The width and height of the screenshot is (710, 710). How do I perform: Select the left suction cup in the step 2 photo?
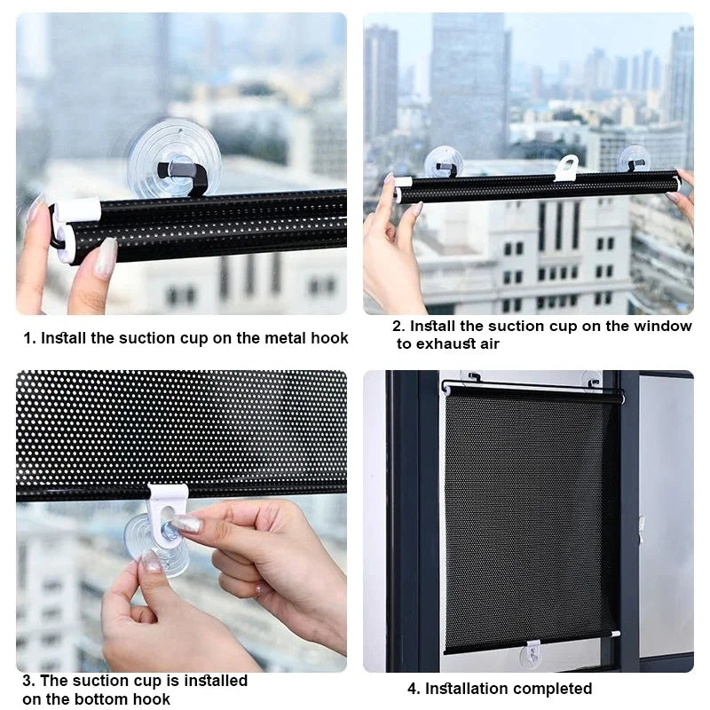pos(444,162)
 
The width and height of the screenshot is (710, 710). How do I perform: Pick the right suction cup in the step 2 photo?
pos(634,159)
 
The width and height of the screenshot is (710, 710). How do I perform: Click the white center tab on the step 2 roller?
pos(566,168)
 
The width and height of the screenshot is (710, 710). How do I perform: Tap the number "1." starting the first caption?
pos(29,338)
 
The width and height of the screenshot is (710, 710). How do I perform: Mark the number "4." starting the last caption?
pos(413,689)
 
